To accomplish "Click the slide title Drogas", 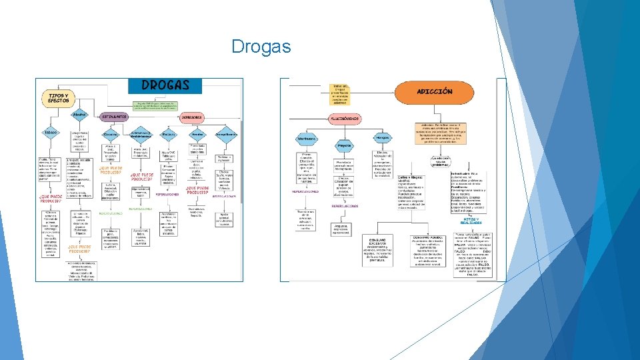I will coord(261,47).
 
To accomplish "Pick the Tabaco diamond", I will coord(51,133).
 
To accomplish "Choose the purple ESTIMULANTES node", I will coord(114,117).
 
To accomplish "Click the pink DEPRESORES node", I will coord(192,117).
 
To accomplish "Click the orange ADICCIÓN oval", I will coord(434,92).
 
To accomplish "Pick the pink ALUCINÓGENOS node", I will coord(344,119).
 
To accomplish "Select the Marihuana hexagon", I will coord(307,139).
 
